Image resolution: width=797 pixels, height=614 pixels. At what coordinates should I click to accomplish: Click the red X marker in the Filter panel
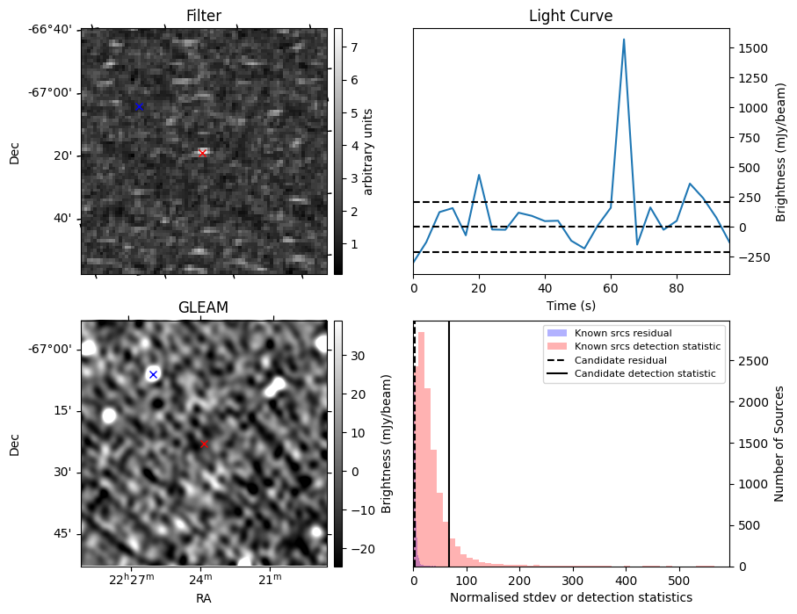click(203, 152)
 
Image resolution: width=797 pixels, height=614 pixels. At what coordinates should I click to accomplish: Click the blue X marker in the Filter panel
click(138, 106)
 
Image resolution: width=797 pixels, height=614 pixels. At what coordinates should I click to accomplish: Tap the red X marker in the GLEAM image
click(204, 444)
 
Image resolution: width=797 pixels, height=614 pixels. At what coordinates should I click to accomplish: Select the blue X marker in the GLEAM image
click(153, 374)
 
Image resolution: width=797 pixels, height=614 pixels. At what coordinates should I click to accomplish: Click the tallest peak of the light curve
click(624, 40)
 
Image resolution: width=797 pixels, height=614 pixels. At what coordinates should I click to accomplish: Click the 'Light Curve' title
click(570, 16)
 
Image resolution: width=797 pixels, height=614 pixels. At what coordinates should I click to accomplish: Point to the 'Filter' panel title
click(204, 16)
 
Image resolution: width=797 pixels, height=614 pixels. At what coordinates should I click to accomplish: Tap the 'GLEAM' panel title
click(204, 307)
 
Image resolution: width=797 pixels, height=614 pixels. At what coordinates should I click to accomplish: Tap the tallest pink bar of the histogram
click(421, 439)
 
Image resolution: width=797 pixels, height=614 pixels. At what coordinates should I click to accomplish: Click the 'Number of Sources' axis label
click(779, 444)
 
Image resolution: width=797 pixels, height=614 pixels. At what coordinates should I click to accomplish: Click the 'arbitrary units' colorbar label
click(368, 151)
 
